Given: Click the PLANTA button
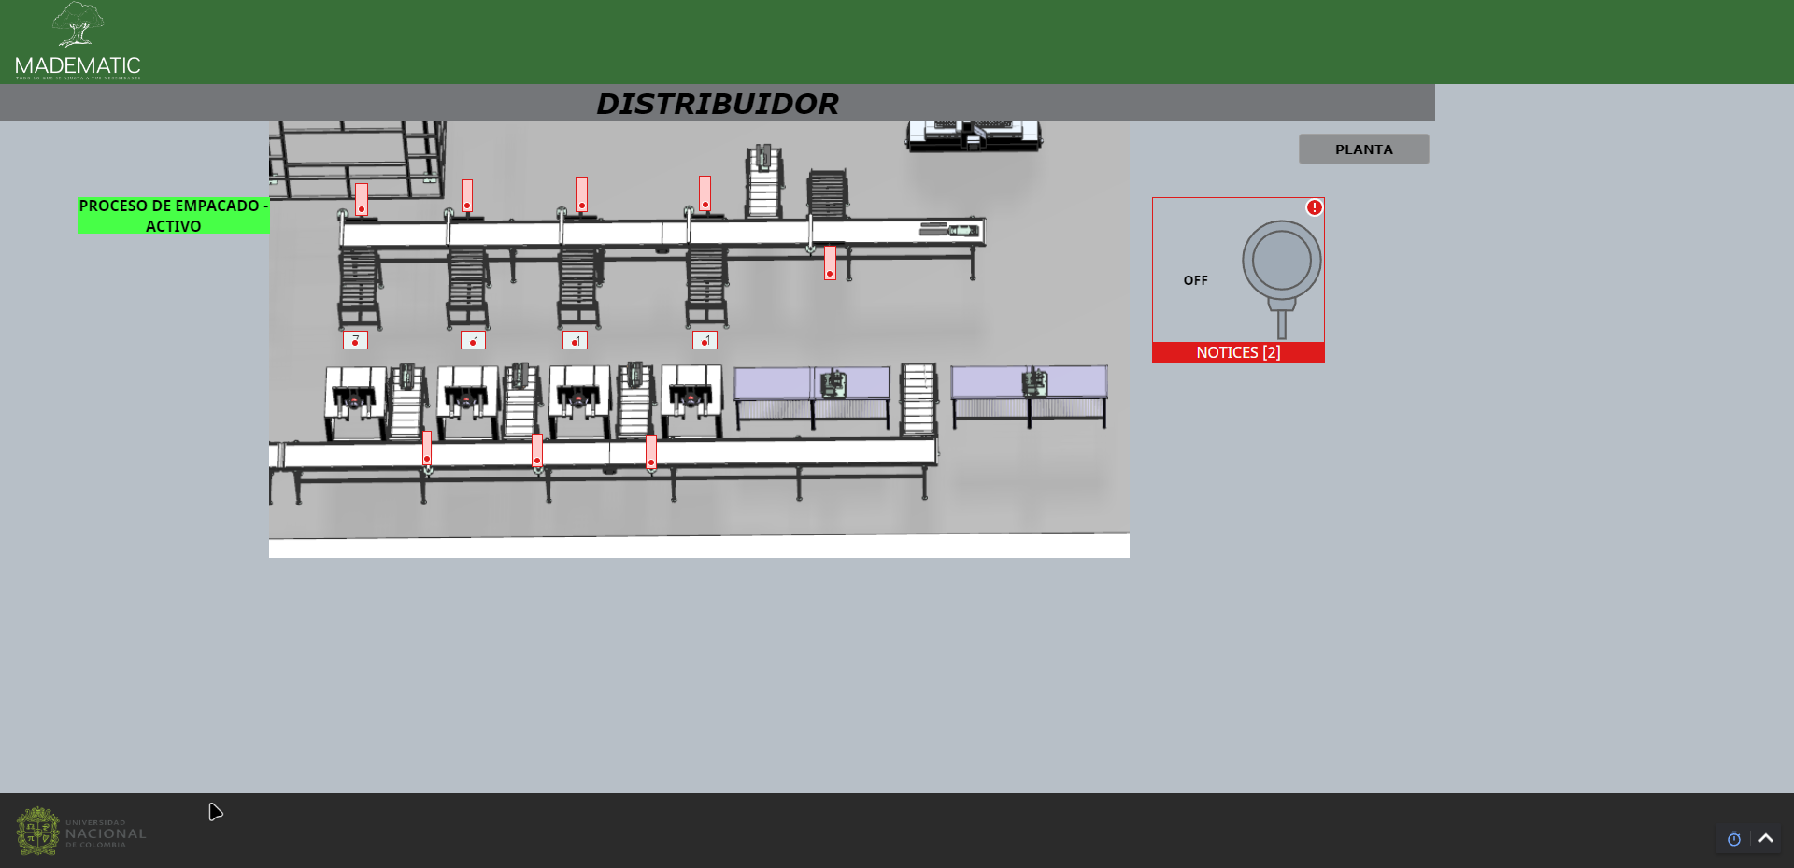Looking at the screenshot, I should pos(1363,149).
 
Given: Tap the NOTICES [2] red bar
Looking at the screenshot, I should pos(1238,352).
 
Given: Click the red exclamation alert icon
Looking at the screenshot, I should pos(1314,207).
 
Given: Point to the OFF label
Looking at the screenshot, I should pos(1195,280).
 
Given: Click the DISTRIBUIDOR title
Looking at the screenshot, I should pos(717,104).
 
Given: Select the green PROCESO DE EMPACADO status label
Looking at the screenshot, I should pos(173,216).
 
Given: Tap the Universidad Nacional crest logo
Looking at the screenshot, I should pos(37,831).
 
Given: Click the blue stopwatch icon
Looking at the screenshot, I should pos(1733,839).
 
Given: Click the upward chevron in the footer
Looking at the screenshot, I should pos(1766,838).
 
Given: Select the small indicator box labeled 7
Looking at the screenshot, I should pos(355,340).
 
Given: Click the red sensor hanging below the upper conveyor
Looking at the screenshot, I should pos(830,263).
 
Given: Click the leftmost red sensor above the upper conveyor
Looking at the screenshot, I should pos(361,199).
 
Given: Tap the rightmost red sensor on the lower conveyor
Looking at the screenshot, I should pos(651,452).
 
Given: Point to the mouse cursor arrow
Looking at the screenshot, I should pos(215,812).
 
